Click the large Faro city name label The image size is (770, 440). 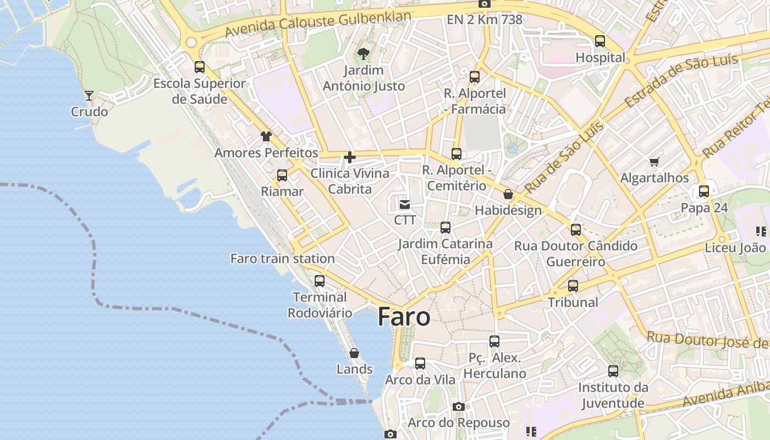(404, 317)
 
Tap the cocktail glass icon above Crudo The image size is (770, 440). (89, 96)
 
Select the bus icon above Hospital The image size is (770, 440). (600, 41)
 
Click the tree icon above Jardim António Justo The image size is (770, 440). (363, 54)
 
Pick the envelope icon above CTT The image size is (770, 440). (405, 205)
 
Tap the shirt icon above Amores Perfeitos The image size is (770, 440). (266, 136)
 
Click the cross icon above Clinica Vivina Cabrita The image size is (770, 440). (349, 158)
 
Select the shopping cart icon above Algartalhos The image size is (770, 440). (654, 162)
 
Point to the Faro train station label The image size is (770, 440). (282, 258)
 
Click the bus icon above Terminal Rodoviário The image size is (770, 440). (320, 281)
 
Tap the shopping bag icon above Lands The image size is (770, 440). (354, 353)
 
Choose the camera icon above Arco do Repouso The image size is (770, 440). (458, 407)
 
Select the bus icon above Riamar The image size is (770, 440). (282, 175)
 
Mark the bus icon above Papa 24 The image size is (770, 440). (704, 192)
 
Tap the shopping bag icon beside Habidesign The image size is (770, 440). (508, 194)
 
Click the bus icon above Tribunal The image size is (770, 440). (573, 286)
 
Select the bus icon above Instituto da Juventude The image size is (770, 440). (613, 371)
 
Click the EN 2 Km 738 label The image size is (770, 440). (484, 20)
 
